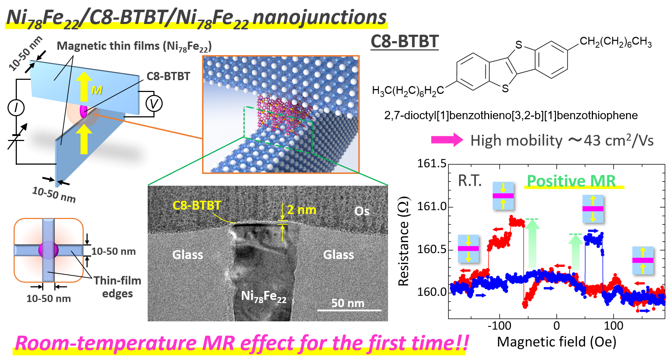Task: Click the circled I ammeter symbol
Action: click(16, 108)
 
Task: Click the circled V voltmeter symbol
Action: click(154, 104)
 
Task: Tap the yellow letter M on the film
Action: click(97, 90)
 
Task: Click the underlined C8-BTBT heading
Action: click(404, 42)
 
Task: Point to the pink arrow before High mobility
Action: click(447, 140)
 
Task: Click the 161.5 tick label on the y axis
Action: click(432, 164)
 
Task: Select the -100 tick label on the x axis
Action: click(499, 326)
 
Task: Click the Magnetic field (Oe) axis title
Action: click(556, 342)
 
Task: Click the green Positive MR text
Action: click(571, 181)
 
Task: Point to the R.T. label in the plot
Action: click(470, 181)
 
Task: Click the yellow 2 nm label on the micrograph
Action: click(301, 210)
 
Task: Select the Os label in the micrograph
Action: click(362, 211)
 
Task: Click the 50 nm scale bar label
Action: click(348, 303)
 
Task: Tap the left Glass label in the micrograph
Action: click(188, 255)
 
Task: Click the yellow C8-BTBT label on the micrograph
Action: click(197, 205)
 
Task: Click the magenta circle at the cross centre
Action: click(48, 250)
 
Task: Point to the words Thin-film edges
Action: click(117, 287)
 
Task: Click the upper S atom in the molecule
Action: click(519, 45)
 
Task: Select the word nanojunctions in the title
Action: click(319, 17)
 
